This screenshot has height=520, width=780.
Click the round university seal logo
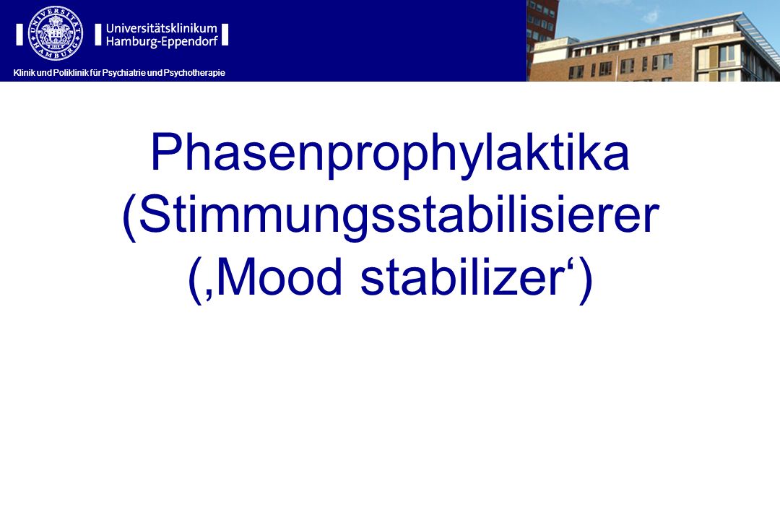56,33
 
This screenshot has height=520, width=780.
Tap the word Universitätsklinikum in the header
162,28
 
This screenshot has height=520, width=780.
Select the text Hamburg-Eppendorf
162,42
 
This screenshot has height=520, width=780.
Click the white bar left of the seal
19,35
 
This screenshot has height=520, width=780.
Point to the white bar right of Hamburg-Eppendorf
225,35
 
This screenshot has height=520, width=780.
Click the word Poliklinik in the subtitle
71,73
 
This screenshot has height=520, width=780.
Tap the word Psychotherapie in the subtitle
194,73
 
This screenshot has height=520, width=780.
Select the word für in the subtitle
95,73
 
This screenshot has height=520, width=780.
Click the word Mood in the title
279,277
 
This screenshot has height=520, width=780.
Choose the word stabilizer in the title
463,277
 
